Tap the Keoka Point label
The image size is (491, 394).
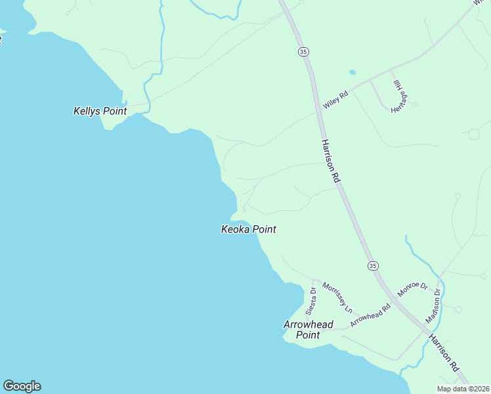[x=247, y=229]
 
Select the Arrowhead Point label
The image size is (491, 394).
[x=308, y=330]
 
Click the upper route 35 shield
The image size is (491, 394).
[x=303, y=51]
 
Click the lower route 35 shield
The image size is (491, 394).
[x=373, y=265]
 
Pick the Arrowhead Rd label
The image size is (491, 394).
[x=370, y=315]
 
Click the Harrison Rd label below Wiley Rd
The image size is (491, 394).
[x=330, y=160]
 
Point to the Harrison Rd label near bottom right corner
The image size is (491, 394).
[x=444, y=353]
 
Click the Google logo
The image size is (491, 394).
[x=22, y=386]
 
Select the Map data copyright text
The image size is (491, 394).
[x=463, y=389]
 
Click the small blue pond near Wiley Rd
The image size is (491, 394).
[x=352, y=72]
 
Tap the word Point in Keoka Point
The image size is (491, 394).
[x=262, y=229]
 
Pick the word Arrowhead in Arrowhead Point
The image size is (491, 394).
[x=308, y=324]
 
